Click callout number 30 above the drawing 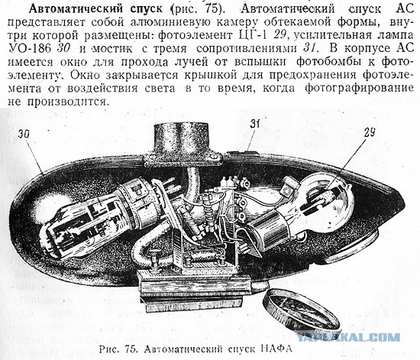coord(24,135)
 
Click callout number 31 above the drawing coord(255,124)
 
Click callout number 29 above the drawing coord(370,132)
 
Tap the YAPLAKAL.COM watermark coord(348,337)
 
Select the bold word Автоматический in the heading coord(76,9)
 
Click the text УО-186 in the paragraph coord(30,48)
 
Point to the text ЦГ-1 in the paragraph coord(253,35)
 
